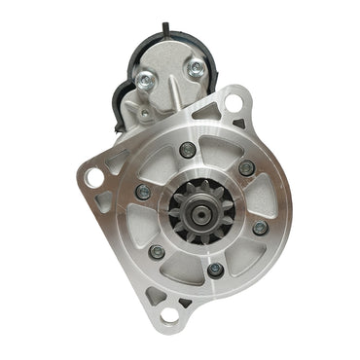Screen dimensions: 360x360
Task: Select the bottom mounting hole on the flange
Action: coord(170,313)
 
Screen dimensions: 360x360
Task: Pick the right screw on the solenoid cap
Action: coord(198,69)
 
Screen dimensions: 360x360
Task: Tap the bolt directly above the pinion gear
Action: coord(187,150)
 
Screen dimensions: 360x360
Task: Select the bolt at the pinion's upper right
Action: coord(245,167)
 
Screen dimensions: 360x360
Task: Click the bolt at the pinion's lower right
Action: coord(259,228)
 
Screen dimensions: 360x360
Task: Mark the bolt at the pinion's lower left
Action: coord(157,251)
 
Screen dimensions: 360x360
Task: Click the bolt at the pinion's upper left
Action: coord(143,192)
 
